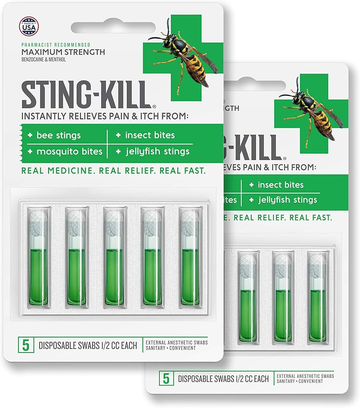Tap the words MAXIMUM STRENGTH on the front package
click(x=63, y=52)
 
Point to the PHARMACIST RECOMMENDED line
click(x=55, y=44)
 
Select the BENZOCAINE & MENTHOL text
click(x=44, y=60)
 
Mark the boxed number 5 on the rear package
click(x=166, y=378)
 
